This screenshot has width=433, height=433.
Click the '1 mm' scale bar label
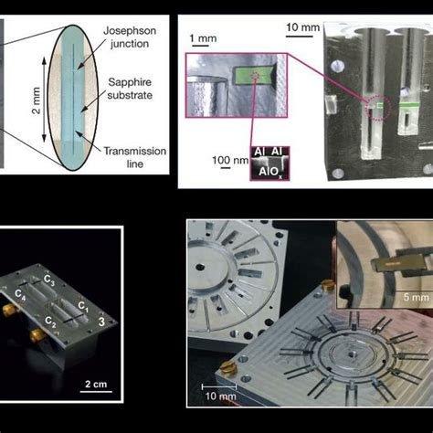coord(203,38)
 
